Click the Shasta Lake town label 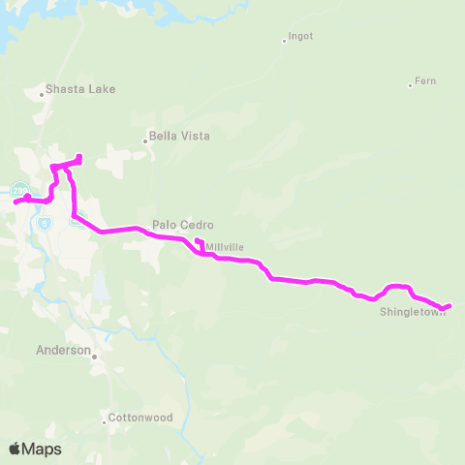(81, 89)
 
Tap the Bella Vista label (179, 137)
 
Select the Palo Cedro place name (176, 224)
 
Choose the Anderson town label (63, 350)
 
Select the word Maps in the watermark (43, 449)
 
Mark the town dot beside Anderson (95, 356)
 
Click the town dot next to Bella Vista (145, 141)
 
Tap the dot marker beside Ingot (283, 41)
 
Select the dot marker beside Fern (411, 84)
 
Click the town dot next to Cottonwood (105, 421)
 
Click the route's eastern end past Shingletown (449, 306)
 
